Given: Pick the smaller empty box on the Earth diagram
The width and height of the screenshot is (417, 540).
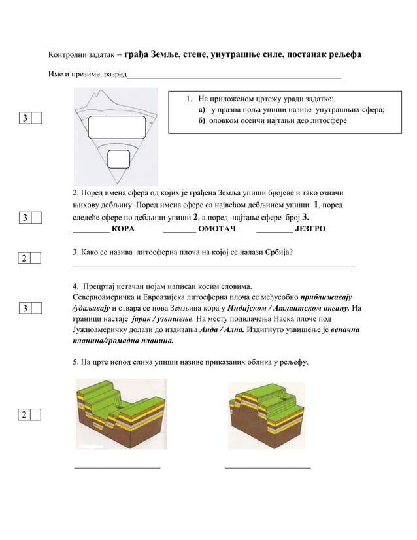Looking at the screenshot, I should tap(118, 159).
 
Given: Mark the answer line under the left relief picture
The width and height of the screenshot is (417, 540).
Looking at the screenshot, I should tap(118, 467).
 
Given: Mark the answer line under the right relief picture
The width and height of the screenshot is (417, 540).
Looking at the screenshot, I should tap(267, 467).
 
